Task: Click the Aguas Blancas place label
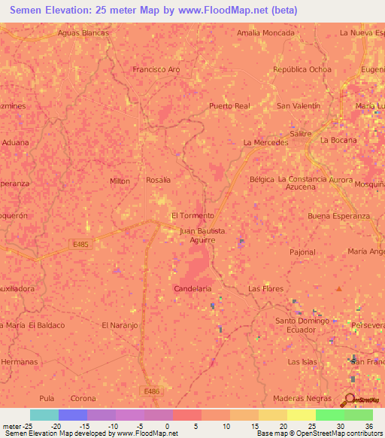(x=83, y=33)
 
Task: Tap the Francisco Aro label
(x=156, y=69)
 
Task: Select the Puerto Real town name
(x=229, y=106)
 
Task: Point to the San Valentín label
(x=299, y=106)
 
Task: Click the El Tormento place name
(x=193, y=215)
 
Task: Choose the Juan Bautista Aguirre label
(x=198, y=236)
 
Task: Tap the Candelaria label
(x=192, y=288)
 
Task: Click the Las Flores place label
(x=264, y=288)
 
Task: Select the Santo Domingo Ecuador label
(x=303, y=325)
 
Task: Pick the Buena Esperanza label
(x=339, y=215)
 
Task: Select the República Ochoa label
(x=302, y=69)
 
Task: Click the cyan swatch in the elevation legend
(x=44, y=415)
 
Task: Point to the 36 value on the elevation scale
(x=368, y=426)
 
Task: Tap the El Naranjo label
(x=120, y=325)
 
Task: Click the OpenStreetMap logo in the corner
(x=359, y=398)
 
